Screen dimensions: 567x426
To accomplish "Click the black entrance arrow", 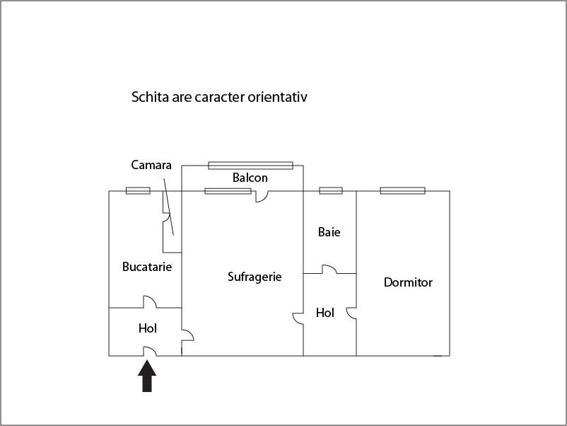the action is click(x=147, y=376).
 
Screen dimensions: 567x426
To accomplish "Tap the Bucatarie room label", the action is click(x=147, y=267).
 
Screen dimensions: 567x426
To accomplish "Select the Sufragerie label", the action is click(x=255, y=277).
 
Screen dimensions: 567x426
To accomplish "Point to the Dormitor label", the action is click(x=408, y=282).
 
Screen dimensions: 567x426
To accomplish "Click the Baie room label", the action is click(x=329, y=232).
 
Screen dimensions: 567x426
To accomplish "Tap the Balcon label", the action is click(x=250, y=178).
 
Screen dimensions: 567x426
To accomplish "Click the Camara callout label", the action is click(x=151, y=165).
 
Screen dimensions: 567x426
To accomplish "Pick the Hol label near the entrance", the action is click(x=148, y=328).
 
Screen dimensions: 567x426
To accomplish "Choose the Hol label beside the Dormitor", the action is click(x=325, y=313).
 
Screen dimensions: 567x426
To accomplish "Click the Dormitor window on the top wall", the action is click(x=402, y=191).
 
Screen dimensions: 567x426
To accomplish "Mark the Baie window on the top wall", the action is click(x=330, y=191).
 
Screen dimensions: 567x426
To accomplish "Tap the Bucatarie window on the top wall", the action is click(x=138, y=191).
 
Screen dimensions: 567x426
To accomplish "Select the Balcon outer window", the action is click(x=250, y=166).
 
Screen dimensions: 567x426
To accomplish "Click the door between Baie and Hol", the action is click(x=329, y=270).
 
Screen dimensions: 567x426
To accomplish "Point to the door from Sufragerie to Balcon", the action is click(x=262, y=196).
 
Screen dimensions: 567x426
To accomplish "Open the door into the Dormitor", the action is click(x=351, y=313).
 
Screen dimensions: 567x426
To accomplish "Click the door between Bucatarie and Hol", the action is click(x=150, y=302).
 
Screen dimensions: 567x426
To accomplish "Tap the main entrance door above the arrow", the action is click(x=150, y=352).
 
